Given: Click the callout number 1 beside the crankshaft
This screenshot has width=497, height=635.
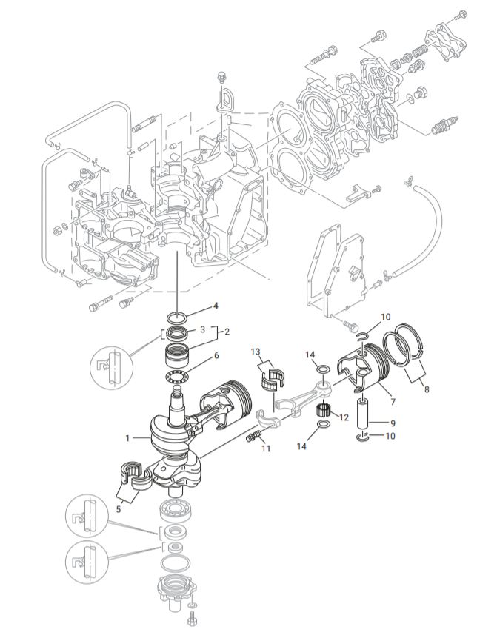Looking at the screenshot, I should [x=128, y=438].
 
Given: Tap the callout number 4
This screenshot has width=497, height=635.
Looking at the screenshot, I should [x=216, y=306].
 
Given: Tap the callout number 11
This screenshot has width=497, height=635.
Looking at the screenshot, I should [x=265, y=448].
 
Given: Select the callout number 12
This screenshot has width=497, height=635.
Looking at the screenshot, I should [x=343, y=418].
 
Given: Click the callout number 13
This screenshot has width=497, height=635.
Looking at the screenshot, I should [x=256, y=352].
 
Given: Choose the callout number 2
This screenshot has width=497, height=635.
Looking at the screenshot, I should [x=227, y=332].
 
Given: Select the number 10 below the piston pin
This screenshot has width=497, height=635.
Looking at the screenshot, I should [x=390, y=436].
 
